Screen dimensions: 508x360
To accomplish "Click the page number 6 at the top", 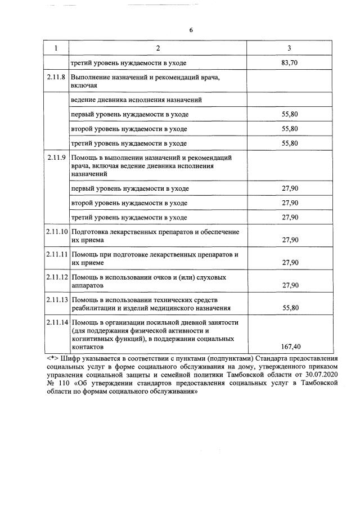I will point(191,29).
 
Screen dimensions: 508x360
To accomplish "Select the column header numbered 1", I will point(56,48).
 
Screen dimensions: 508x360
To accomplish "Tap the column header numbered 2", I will point(157,48).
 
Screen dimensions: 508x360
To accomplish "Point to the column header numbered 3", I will point(289,48).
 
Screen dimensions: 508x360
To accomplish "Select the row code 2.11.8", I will point(56,77).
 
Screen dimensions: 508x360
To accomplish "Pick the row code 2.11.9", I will point(56,158).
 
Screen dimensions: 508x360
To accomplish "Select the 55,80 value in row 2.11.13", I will point(290,308).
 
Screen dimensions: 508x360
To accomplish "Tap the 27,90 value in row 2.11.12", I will point(290,285).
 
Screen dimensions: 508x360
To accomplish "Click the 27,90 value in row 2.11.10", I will point(290,240).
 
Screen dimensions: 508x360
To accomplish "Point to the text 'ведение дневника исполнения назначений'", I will point(136,100).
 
